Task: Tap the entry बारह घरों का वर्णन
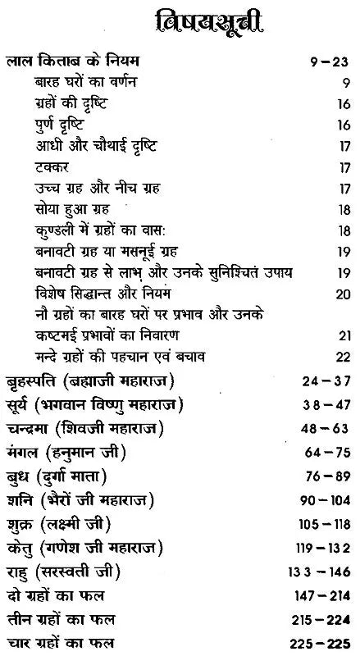pyautogui.click(x=89, y=82)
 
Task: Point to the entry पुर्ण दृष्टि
pyautogui.click(x=72, y=125)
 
